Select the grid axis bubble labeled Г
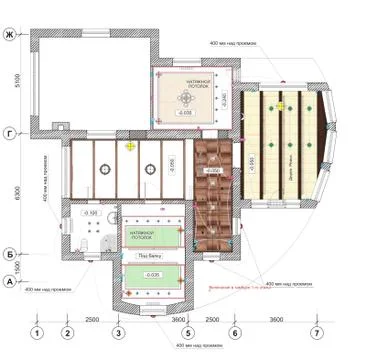(x=10, y=132)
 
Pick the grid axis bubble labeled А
(x=10, y=283)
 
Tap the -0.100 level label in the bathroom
(x=89, y=213)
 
